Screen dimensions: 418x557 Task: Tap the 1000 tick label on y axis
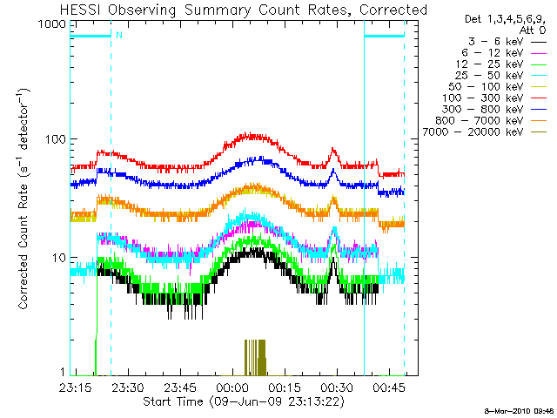(x=52, y=25)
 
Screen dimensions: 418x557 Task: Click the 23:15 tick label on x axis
(x=77, y=387)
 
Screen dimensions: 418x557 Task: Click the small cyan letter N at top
(x=117, y=36)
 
